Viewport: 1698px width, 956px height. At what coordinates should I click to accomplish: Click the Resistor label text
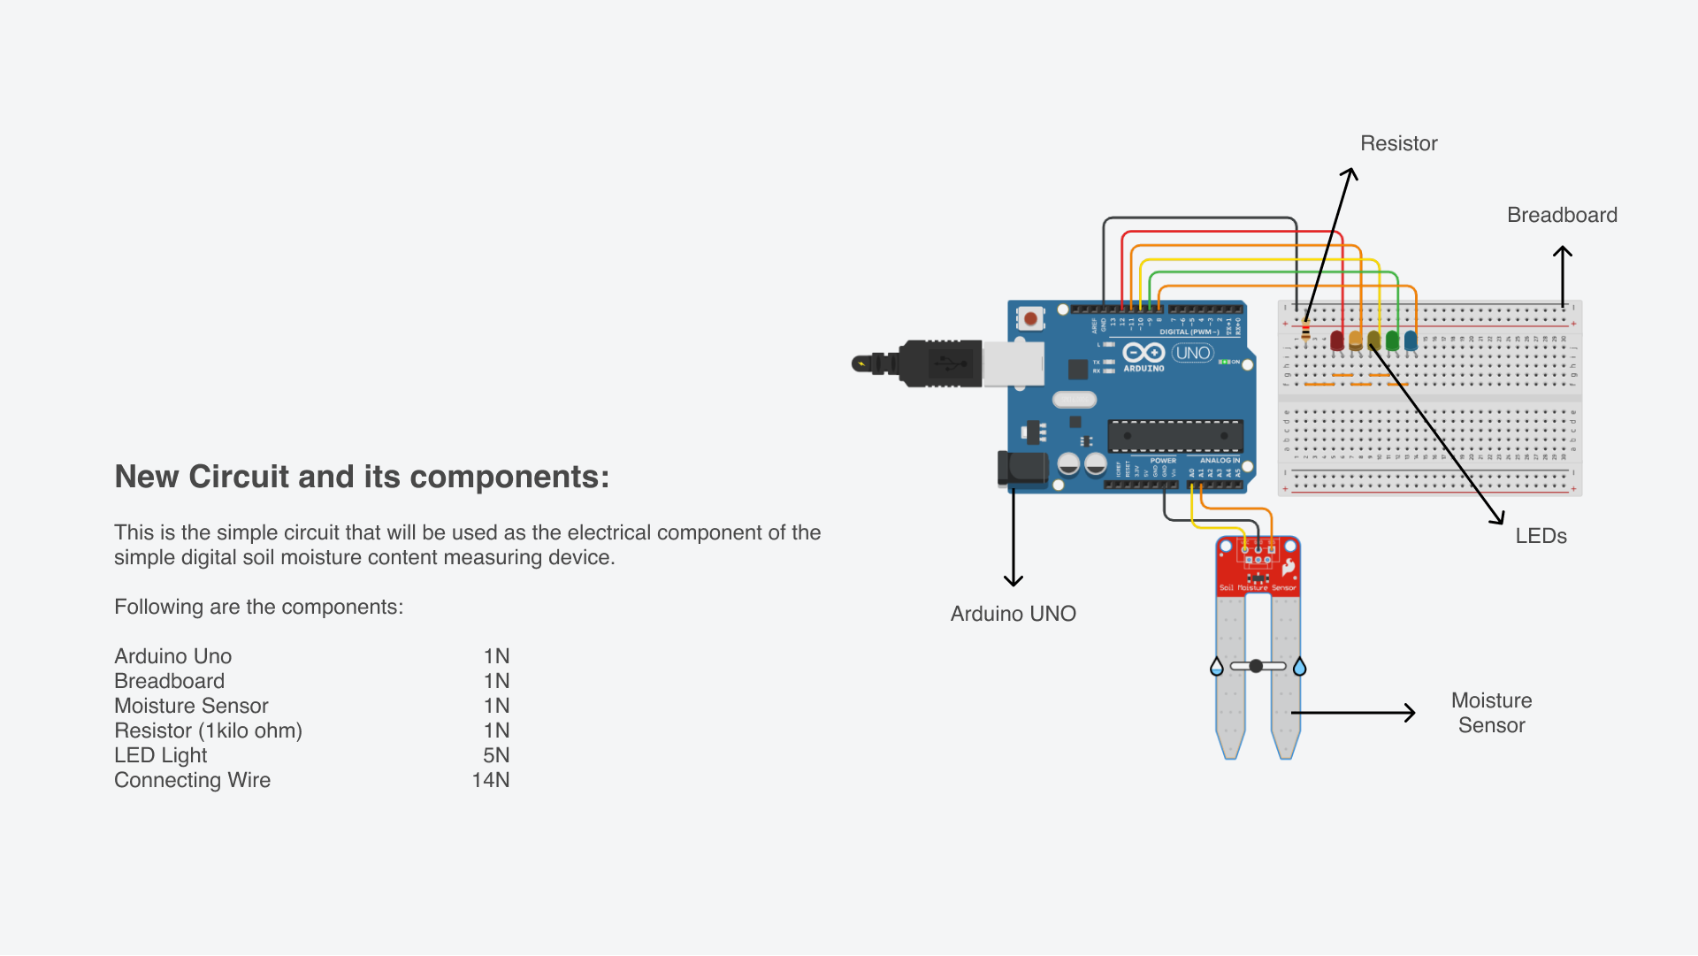1398,143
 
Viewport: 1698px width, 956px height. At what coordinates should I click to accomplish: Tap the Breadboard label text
1562,215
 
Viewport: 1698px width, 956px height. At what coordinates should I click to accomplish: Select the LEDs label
1541,536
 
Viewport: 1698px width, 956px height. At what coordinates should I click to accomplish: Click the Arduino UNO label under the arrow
1013,614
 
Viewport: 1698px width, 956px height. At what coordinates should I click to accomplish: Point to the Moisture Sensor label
1491,713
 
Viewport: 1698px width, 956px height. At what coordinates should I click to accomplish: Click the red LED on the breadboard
1336,340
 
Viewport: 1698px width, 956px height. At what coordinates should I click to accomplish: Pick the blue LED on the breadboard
1411,340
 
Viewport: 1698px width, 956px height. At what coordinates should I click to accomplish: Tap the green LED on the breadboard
1392,340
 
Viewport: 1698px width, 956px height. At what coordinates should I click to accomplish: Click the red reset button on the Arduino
1030,318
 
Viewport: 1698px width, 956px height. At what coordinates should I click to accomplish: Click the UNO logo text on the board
1192,353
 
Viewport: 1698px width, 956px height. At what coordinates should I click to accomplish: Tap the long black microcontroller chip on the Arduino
1175,436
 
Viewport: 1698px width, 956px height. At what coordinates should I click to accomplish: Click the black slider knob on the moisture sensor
1256,666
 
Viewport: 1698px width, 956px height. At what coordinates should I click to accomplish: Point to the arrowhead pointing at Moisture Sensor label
1411,712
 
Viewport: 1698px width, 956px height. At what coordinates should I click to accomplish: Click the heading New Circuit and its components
362,477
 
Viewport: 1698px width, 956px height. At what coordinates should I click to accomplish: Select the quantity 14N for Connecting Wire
490,780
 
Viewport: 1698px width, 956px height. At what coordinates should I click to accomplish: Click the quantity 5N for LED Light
495,755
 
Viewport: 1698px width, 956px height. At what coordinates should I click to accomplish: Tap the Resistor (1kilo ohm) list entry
208,730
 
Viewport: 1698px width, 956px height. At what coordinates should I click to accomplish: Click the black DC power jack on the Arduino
1021,468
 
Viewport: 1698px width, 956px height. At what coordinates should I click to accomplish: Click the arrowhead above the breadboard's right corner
1563,251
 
